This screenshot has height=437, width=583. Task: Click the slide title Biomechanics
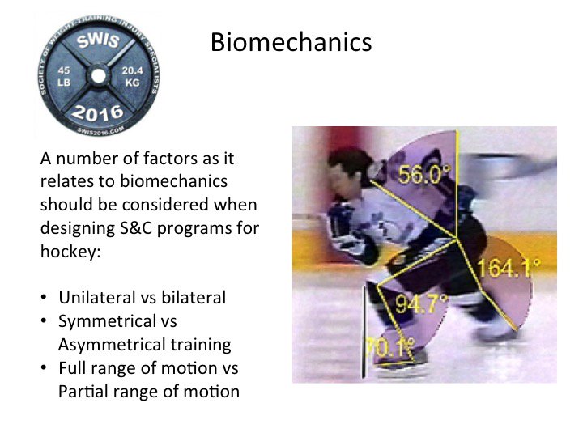pyautogui.click(x=291, y=41)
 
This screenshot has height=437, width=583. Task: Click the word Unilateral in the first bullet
pyautogui.click(x=96, y=298)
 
